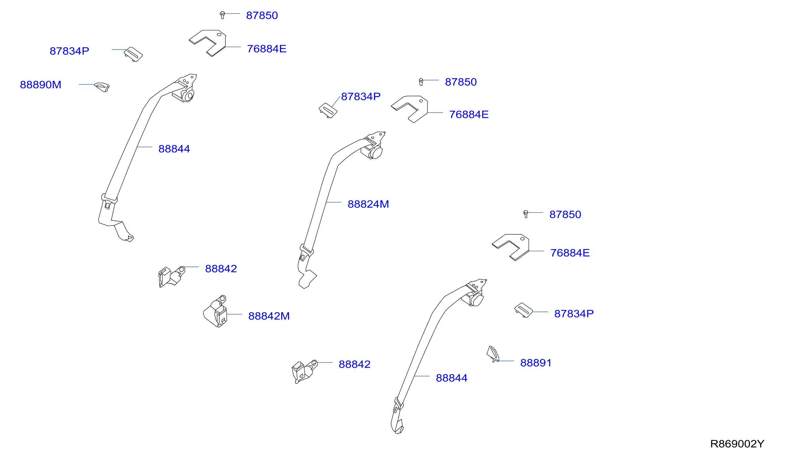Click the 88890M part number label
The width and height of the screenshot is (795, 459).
[40, 85]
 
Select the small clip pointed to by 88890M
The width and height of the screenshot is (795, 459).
[102, 87]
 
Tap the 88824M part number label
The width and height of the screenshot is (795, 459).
[368, 204]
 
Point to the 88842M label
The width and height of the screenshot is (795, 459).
[269, 316]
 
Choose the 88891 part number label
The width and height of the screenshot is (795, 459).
[535, 363]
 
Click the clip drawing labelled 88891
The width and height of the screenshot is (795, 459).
[493, 354]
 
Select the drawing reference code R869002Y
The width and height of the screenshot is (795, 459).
[737, 444]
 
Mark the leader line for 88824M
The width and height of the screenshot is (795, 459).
[333, 202]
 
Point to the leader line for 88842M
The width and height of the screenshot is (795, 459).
[234, 314]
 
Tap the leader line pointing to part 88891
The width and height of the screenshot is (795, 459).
[506, 361]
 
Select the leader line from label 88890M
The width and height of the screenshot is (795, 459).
[87, 84]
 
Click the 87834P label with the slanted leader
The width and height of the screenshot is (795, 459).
[361, 97]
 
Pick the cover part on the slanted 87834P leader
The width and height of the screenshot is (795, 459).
[328, 111]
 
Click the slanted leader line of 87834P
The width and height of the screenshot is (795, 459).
[336, 101]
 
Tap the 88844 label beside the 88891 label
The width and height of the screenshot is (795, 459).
[451, 378]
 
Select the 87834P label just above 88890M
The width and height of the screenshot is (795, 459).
[69, 51]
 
